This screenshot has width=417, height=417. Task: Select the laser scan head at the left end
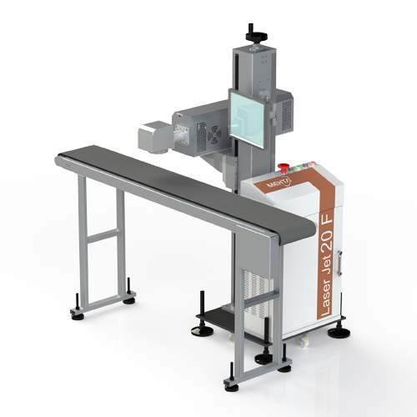tap(154, 137)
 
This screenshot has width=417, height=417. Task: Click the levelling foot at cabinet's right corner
tap(339, 332)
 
